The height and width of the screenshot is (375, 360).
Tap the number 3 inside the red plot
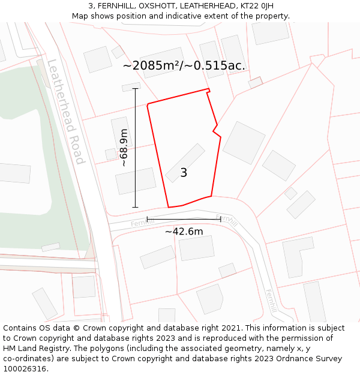click(184, 173)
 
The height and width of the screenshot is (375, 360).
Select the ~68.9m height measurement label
click(124, 148)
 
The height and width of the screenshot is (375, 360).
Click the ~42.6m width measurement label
click(184, 232)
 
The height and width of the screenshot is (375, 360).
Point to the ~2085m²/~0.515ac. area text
click(184, 65)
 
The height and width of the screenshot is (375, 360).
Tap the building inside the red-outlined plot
click(185, 162)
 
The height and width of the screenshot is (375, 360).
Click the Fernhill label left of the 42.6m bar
click(142, 223)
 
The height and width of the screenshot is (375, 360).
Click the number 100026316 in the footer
click(25, 369)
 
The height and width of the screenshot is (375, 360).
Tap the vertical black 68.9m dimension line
click(135, 148)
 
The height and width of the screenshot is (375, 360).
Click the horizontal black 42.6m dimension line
click(184, 219)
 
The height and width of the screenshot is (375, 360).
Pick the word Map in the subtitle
click(80, 16)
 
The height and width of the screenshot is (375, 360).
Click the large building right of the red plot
click(244, 142)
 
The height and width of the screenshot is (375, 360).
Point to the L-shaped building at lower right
click(298, 256)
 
